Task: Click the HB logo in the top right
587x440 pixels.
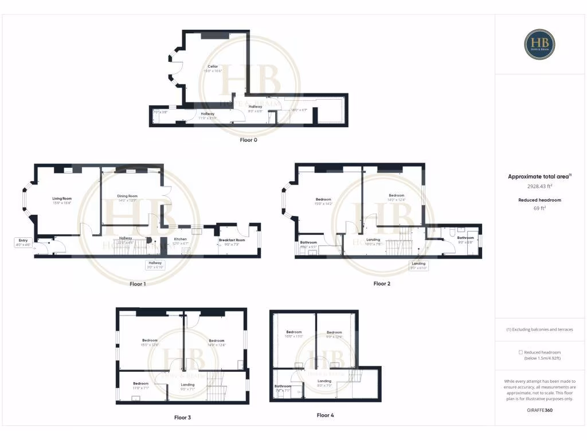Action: click(539, 45)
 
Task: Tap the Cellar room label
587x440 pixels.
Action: click(213, 66)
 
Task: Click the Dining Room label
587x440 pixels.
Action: click(128, 196)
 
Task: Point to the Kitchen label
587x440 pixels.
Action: click(181, 238)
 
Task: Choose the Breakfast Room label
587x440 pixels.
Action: click(232, 240)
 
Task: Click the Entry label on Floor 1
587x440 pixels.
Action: click(23, 241)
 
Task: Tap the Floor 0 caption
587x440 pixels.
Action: click(249, 139)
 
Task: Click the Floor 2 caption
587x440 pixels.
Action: click(382, 283)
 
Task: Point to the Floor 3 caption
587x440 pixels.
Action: click(182, 418)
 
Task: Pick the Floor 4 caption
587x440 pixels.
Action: click(324, 415)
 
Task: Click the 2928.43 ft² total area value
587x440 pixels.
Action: click(539, 186)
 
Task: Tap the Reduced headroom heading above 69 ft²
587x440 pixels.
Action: click(539, 200)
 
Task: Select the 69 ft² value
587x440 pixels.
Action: click(539, 209)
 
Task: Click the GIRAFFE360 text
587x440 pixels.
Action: click(539, 410)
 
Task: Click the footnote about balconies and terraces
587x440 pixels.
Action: click(539, 329)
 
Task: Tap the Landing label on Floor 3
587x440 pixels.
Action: click(187, 384)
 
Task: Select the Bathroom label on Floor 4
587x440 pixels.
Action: click(283, 386)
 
